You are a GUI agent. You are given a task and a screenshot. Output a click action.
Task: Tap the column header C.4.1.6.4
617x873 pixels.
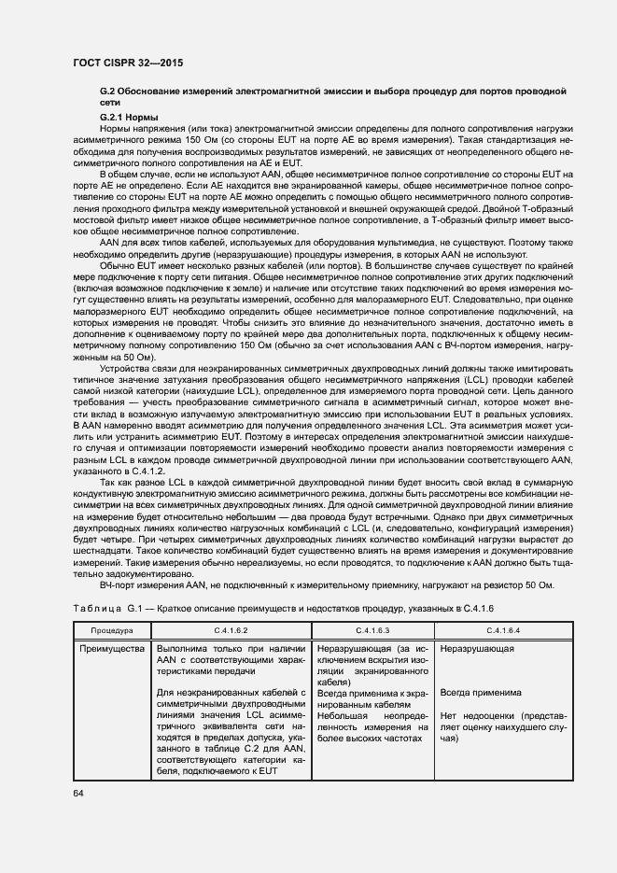point(503,631)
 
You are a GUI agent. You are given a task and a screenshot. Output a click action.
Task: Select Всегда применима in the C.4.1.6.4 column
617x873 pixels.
point(481,694)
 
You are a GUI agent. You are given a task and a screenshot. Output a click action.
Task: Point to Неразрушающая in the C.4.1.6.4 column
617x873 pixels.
point(478,648)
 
